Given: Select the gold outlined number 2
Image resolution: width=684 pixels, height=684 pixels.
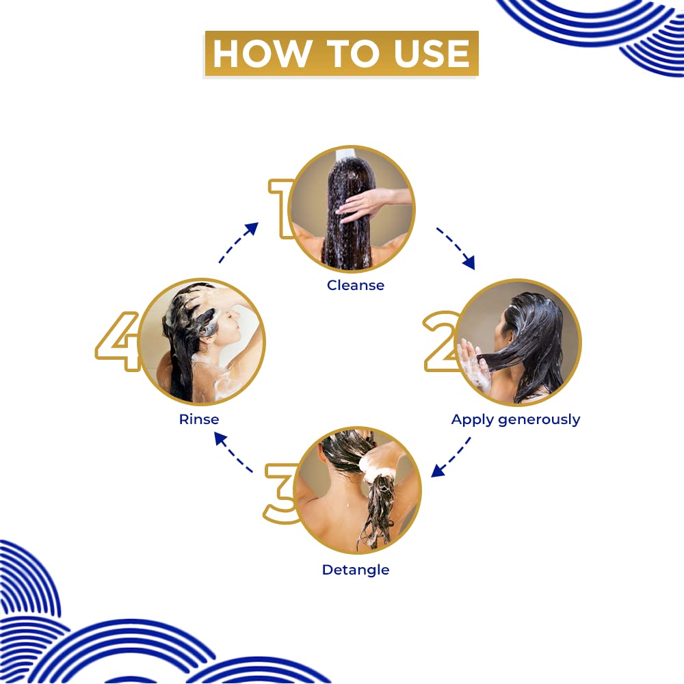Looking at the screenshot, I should click(x=440, y=341).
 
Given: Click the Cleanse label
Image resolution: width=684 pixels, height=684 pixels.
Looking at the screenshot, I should click(x=356, y=285).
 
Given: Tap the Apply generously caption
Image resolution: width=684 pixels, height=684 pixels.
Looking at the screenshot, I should click(x=516, y=419).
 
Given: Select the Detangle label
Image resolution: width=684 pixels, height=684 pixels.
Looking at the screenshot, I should click(x=356, y=570).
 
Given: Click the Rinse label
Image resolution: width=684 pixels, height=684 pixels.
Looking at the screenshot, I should click(x=199, y=419).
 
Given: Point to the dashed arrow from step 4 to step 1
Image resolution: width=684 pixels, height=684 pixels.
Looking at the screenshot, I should click(x=238, y=242).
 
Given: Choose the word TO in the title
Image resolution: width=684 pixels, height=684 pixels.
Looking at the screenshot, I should click(x=342, y=54).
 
